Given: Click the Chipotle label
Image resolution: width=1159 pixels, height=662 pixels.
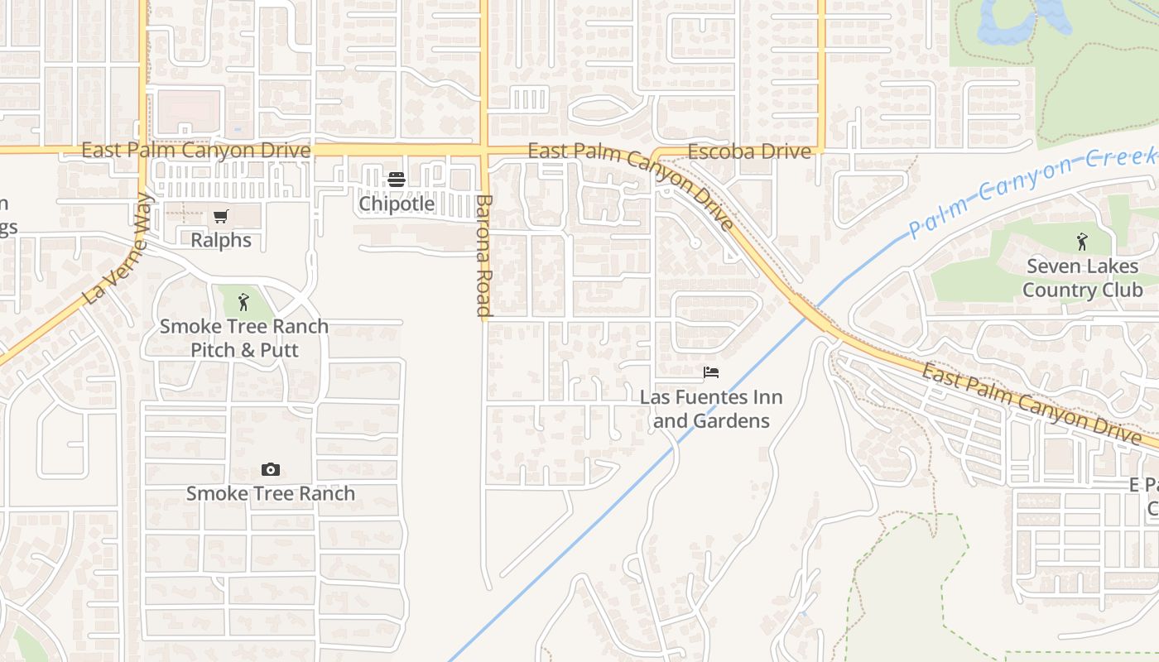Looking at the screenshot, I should click(397, 204).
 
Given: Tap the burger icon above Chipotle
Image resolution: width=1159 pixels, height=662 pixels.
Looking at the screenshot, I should click(397, 180).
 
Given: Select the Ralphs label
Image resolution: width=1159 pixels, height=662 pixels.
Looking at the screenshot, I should click(220, 240).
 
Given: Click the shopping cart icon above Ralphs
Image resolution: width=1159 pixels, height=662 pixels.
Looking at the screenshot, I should click(220, 217).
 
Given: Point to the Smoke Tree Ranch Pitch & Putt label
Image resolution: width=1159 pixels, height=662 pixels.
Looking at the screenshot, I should click(244, 338).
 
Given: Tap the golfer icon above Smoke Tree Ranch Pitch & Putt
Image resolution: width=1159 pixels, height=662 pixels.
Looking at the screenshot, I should click(243, 302).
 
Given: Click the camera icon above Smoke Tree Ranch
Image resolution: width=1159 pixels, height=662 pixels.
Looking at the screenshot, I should click(271, 470).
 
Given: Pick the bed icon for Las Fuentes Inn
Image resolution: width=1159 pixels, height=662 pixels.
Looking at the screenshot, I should click(711, 372).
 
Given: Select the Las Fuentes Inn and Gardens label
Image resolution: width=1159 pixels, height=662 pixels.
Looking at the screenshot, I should click(711, 409).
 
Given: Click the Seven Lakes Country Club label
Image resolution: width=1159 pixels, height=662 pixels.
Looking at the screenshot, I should click(1082, 278).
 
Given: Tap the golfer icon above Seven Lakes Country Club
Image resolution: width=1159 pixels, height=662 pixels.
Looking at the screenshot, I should click(1082, 242).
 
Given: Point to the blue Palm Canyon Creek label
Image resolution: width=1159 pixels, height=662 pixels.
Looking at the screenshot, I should click(1031, 193).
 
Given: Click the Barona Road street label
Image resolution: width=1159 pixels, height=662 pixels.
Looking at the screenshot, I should click(485, 256).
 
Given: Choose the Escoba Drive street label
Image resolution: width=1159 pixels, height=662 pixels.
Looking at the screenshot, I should click(749, 151).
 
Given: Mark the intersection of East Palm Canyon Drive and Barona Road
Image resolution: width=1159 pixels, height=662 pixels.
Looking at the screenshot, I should click(485, 151).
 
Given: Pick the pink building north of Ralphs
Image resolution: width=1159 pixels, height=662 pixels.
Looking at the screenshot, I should click(190, 111).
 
